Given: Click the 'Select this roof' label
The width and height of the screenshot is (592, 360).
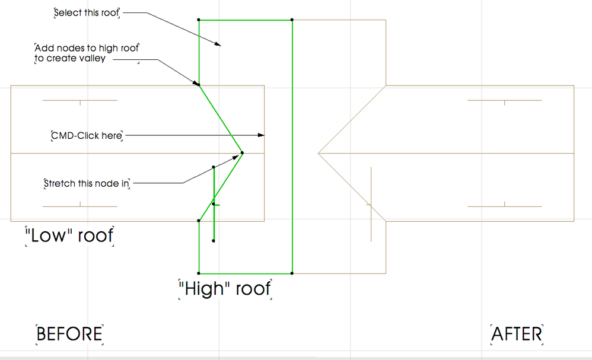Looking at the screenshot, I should pyautogui.click(x=87, y=13).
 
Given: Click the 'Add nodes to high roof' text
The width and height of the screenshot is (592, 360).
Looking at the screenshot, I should pyautogui.click(x=87, y=47).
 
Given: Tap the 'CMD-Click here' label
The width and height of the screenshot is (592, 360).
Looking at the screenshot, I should pyautogui.click(x=87, y=136).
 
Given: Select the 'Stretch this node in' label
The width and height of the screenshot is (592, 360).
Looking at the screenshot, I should pyautogui.click(x=87, y=183).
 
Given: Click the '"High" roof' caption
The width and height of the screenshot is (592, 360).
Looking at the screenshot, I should pyautogui.click(x=225, y=289).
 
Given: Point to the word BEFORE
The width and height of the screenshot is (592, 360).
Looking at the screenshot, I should pyautogui.click(x=69, y=334).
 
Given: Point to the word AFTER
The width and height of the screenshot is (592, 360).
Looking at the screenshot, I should pyautogui.click(x=517, y=334).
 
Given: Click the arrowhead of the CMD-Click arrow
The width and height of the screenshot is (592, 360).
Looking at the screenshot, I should pyautogui.click(x=262, y=136).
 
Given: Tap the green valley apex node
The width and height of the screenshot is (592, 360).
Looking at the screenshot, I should pyautogui.click(x=243, y=154).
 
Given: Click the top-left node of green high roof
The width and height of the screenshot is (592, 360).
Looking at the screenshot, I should pyautogui.click(x=199, y=20).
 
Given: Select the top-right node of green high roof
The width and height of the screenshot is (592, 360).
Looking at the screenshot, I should pyautogui.click(x=292, y=20).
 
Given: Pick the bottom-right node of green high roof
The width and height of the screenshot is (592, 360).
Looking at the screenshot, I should pyautogui.click(x=292, y=273).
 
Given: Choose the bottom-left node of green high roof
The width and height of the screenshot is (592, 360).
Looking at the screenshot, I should pyautogui.click(x=199, y=273).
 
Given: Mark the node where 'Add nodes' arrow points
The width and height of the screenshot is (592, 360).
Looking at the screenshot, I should pyautogui.click(x=199, y=85).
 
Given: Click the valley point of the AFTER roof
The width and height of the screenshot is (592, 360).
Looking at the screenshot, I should pyautogui.click(x=319, y=154).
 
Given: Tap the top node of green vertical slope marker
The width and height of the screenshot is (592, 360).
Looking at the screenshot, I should pyautogui.click(x=214, y=167).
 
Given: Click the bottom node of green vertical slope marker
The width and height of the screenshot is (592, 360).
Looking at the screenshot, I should pyautogui.click(x=214, y=241).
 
